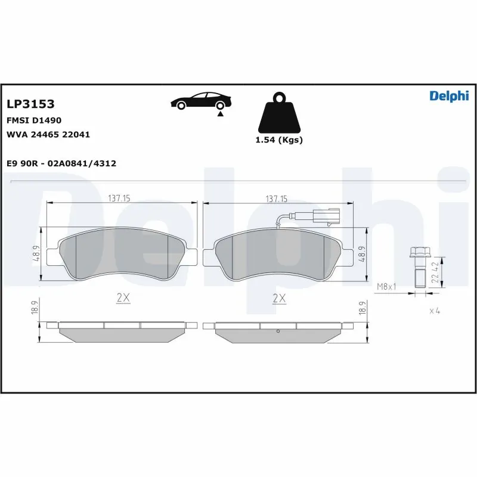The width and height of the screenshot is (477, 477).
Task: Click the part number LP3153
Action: pos(30,104)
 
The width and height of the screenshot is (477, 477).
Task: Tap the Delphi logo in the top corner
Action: pos(449,96)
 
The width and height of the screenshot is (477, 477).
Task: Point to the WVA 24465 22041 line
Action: pos(48,134)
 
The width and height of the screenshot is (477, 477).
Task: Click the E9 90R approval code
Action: pos(61,163)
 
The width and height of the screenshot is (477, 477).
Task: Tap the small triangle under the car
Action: pos(221,113)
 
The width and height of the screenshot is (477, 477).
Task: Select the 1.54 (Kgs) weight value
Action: pos(278,140)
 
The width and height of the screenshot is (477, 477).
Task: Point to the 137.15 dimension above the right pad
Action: pos(276,199)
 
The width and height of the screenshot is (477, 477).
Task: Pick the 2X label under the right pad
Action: pos(278,299)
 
